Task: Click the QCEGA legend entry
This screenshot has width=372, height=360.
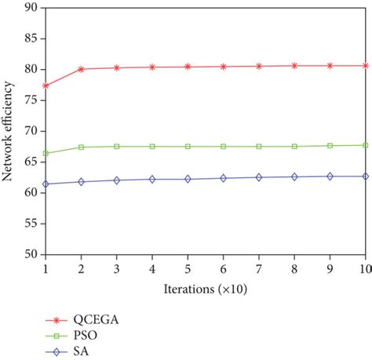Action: coord(82,320)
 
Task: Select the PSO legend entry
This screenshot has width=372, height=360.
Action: coord(71,336)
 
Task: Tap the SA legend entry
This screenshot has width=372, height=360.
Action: coord(67,351)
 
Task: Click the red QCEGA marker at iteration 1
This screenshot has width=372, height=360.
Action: coord(46,85)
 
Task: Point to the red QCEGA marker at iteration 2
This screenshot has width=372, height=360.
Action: coord(81,69)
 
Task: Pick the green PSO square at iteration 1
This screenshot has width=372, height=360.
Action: coord(46,153)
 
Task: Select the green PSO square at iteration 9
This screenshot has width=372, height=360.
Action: coord(330,146)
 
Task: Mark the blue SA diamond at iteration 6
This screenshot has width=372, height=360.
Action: coord(224,178)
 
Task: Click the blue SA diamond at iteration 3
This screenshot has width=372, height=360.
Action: coord(117,180)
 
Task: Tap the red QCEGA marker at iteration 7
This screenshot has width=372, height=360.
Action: coord(259,67)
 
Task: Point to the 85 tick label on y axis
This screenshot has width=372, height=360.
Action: coord(31,38)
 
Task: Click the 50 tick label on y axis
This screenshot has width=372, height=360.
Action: coord(31,254)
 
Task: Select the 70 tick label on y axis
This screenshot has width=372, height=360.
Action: coord(31,131)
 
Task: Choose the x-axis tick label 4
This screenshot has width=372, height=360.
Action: coord(152,269)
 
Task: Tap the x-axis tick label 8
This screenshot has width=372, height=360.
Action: coord(294,269)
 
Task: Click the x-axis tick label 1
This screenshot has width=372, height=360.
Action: coord(46,269)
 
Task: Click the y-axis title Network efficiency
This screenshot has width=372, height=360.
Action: coord(7,131)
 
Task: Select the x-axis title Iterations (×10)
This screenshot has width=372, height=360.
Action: coord(206,289)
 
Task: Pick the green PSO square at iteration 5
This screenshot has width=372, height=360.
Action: coord(188,147)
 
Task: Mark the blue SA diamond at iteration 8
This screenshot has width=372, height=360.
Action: coord(294,177)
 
